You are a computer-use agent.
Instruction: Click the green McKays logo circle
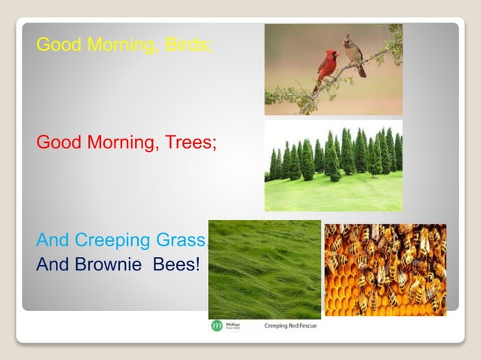click(216, 325)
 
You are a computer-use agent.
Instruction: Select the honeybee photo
click(384, 269)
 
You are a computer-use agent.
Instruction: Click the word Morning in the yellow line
click(121, 44)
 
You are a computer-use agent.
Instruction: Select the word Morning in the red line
click(121, 142)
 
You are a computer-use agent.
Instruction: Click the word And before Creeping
click(52, 241)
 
